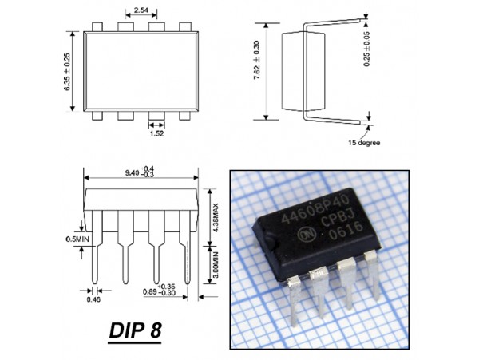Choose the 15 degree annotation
(x=363, y=143)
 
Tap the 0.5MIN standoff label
(x=77, y=238)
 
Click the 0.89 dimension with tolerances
(x=159, y=292)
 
